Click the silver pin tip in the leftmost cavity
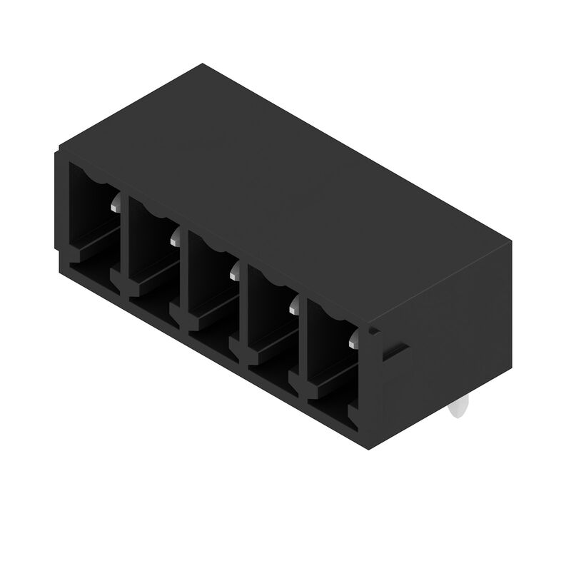click(x=116, y=206)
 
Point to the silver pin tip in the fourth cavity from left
click(x=293, y=306)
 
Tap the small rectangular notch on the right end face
click(x=397, y=352)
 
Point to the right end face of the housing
click(x=443, y=335)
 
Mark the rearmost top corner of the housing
click(x=201, y=64)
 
